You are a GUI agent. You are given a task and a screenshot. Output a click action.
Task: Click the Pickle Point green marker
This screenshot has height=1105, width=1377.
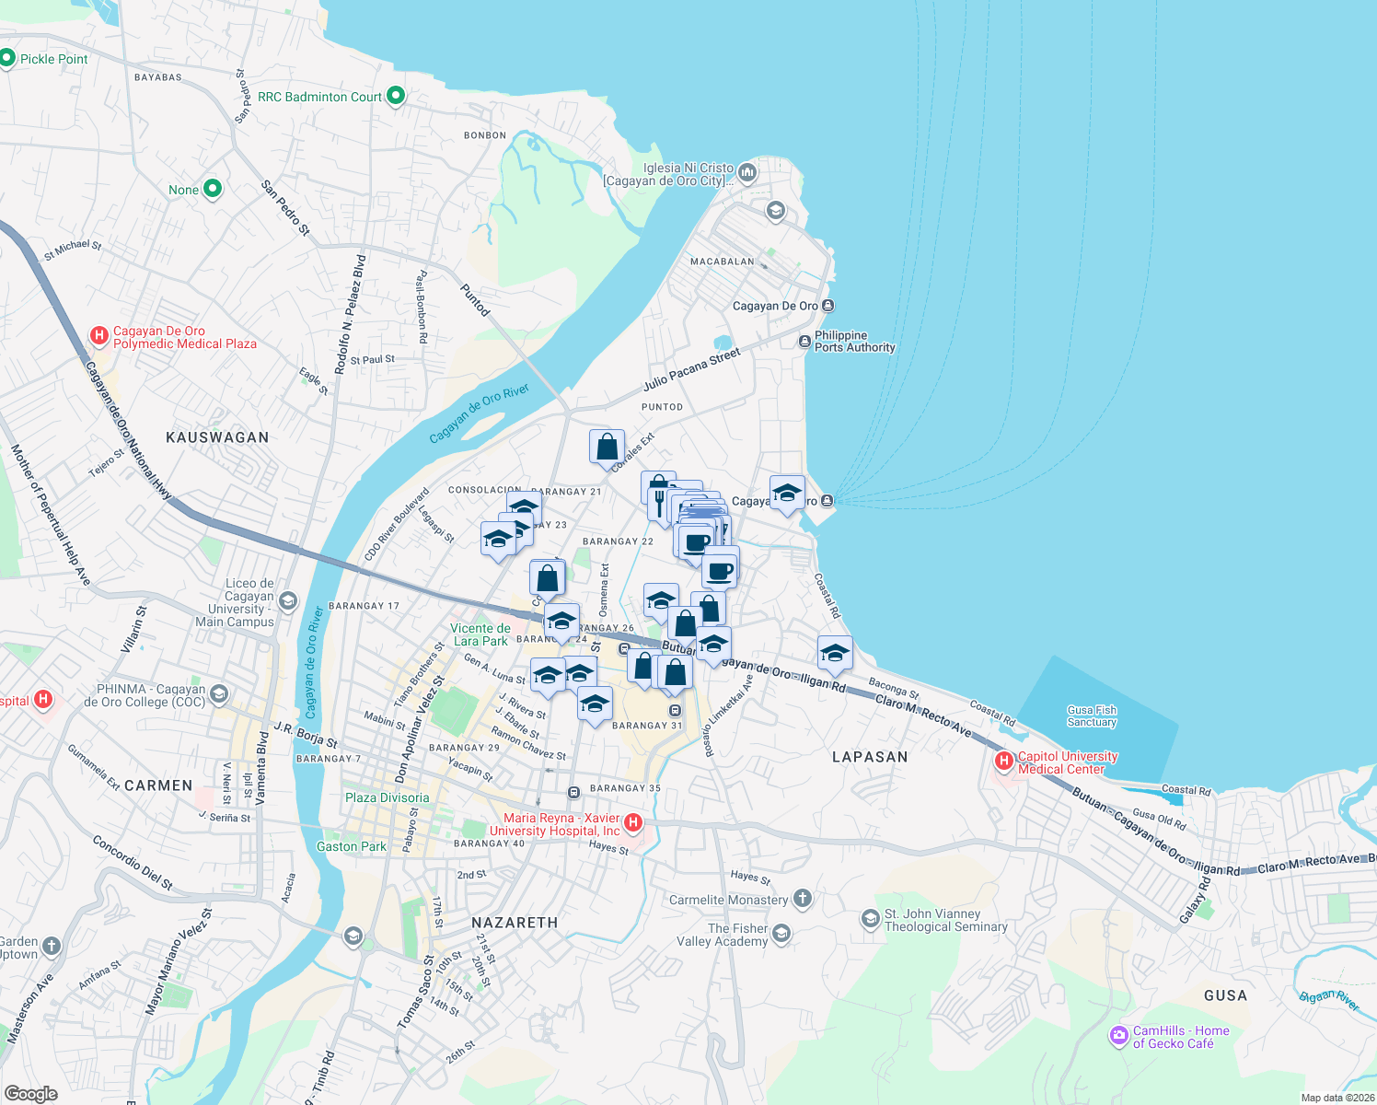(x=7, y=59)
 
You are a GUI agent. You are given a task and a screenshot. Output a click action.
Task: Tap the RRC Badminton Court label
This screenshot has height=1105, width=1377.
(x=319, y=97)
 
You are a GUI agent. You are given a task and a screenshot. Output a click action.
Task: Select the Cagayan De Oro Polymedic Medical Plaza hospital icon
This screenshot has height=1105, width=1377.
(x=99, y=337)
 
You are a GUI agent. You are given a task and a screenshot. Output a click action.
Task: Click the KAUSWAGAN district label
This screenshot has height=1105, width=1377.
(x=217, y=437)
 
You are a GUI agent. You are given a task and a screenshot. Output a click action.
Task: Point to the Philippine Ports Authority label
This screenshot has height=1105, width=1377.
(x=854, y=342)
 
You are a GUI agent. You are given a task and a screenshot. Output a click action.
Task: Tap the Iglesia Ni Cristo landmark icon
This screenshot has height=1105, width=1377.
(x=746, y=172)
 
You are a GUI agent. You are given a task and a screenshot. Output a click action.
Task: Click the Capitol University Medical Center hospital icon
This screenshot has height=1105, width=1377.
(x=1004, y=762)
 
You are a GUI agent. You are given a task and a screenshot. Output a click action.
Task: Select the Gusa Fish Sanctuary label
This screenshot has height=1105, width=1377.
(x=1092, y=716)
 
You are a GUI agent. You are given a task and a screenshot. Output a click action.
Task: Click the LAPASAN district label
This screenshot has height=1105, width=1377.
(x=870, y=757)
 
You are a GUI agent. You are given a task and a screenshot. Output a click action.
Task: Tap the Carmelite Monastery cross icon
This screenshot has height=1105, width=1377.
(x=803, y=899)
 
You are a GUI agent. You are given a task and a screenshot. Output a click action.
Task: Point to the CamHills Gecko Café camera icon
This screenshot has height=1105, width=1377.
(x=1118, y=1036)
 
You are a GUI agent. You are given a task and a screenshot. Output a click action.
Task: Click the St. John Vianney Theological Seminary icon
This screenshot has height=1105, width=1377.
(x=870, y=919)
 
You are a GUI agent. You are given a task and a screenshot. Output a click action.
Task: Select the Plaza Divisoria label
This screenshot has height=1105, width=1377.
(x=387, y=797)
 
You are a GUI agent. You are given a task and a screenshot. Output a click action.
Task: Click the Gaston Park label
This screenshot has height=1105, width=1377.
(x=352, y=846)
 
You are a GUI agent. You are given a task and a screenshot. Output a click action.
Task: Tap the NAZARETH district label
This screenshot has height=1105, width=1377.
(x=515, y=923)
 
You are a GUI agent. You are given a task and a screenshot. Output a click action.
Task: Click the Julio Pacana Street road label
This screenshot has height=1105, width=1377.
(x=691, y=369)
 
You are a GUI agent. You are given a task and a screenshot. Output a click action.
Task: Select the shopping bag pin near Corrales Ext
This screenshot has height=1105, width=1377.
(x=607, y=448)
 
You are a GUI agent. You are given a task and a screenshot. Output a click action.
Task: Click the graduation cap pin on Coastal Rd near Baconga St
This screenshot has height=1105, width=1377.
(x=835, y=653)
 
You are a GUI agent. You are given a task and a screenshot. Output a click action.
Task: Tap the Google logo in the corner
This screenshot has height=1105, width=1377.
(x=30, y=1094)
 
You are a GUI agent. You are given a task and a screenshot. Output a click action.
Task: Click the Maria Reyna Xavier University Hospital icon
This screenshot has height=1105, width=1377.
(x=633, y=822)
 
